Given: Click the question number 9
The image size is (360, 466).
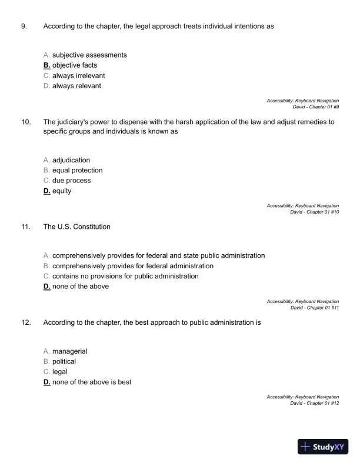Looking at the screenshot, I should click(x=24, y=26).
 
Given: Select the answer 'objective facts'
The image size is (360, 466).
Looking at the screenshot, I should click(x=75, y=65).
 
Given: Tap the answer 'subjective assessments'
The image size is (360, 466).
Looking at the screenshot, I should click(x=89, y=55).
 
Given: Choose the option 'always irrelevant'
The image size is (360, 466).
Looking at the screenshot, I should click(x=79, y=76).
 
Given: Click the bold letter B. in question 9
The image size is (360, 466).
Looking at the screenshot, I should click(x=47, y=65).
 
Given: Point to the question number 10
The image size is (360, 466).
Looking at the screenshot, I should click(x=26, y=122).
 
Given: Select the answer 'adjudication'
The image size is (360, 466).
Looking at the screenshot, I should click(x=71, y=160).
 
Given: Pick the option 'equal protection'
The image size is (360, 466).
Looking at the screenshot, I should click(x=77, y=171).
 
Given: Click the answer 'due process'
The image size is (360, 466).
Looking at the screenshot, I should click(x=71, y=181).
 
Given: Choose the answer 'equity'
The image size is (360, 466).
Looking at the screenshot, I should click(x=62, y=191).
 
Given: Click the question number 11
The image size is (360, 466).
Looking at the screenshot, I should click(x=26, y=227).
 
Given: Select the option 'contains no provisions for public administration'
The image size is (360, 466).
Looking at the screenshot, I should click(x=125, y=276).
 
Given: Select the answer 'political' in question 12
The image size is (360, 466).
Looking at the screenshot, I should click(x=64, y=361).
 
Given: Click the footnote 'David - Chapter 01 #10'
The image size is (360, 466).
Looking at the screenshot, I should click(x=315, y=212).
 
